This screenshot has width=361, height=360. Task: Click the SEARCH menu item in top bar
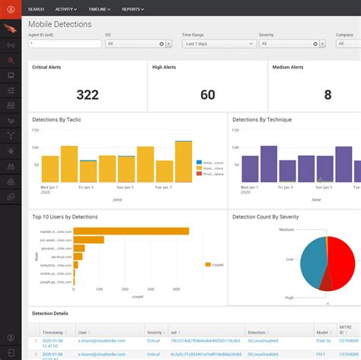pos(36,9)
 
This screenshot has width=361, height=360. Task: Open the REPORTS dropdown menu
pos(133,9)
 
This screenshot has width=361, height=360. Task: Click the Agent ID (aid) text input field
pos(65,44)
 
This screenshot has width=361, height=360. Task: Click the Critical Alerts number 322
pos(88,94)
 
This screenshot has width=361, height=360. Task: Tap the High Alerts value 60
pos(207,94)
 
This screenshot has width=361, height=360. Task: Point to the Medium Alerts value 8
pos(327,94)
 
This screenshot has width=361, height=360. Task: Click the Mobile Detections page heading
pos(59,24)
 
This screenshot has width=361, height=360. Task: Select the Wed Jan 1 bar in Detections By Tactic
pos(50,168)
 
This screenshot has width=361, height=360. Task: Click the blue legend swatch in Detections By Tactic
pos(177,162)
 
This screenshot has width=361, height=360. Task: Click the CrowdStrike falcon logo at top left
pos(11,30)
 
